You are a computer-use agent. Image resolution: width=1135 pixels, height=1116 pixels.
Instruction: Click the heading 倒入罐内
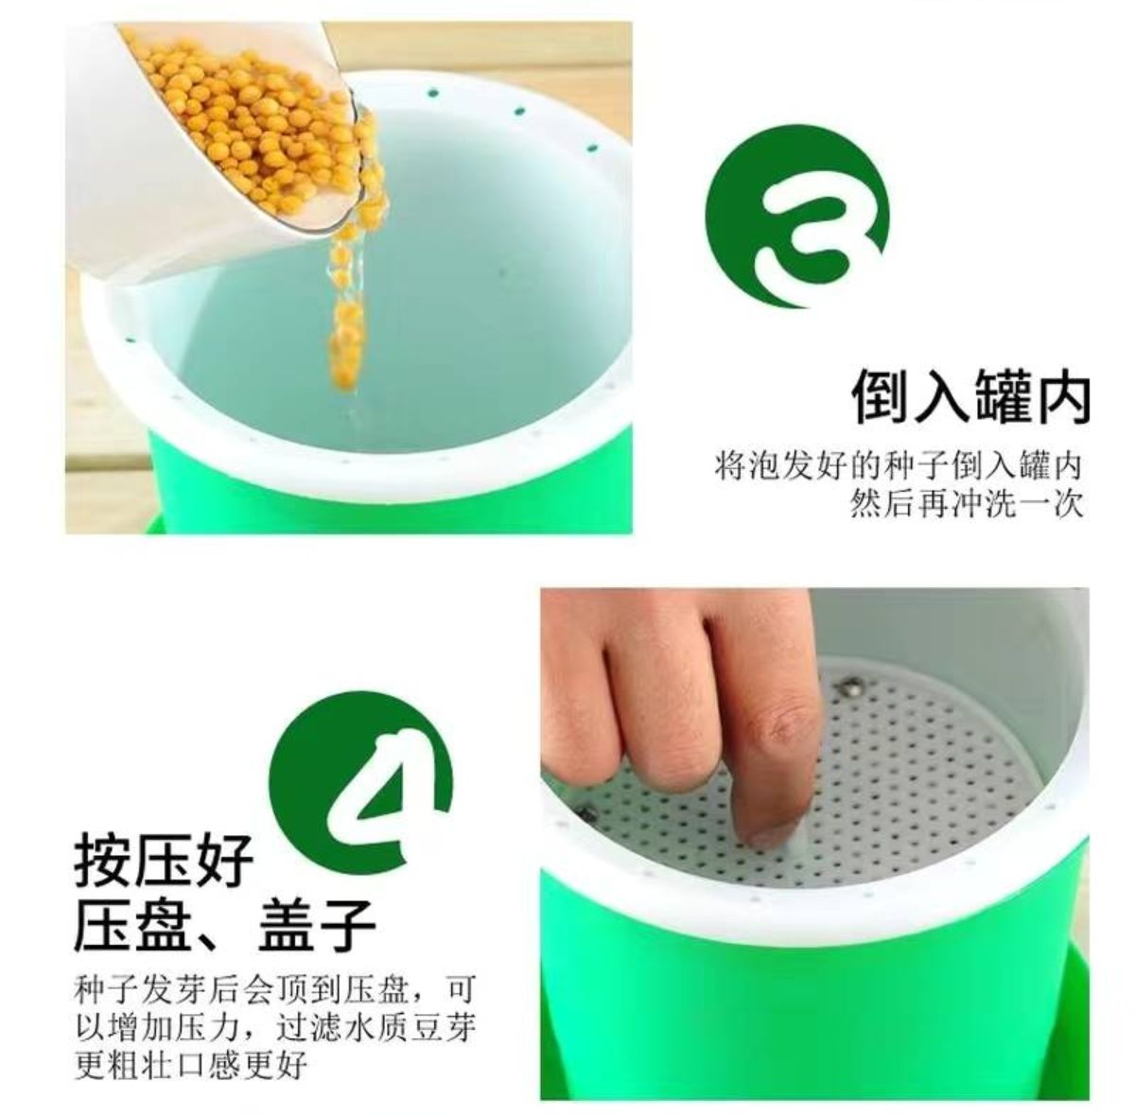[971, 396]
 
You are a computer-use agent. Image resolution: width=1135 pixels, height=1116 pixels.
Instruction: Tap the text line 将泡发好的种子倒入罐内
[899, 465]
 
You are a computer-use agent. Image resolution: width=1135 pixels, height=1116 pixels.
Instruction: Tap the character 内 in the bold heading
[1062, 396]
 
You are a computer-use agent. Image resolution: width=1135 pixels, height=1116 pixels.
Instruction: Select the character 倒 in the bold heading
[881, 396]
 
